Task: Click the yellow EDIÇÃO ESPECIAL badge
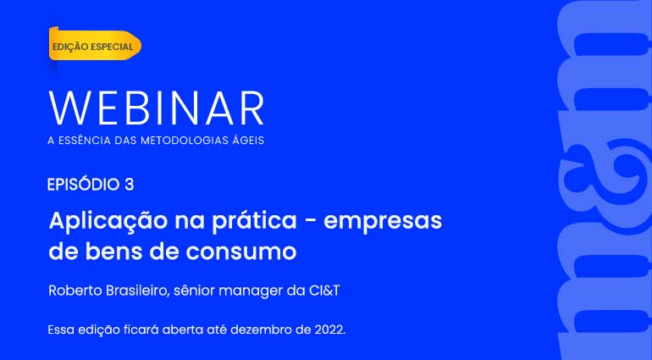coord(95,46)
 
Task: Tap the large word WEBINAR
coord(157,108)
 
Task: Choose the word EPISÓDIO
coord(84,184)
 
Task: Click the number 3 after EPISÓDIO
coord(129,185)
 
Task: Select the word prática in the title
coord(254,221)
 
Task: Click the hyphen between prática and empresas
coord(310,223)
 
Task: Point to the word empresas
coord(383,222)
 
